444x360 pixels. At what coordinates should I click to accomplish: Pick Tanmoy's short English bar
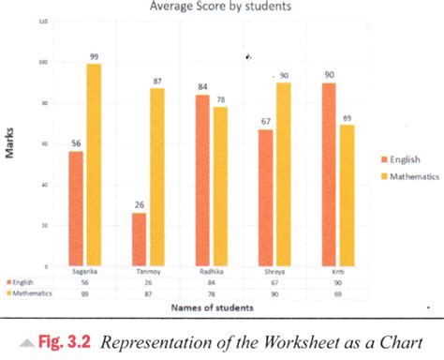point(139,239)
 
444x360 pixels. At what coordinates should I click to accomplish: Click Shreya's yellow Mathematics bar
point(283,174)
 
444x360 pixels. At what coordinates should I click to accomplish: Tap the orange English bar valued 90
point(329,174)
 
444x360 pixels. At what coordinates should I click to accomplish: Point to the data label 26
point(139,205)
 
